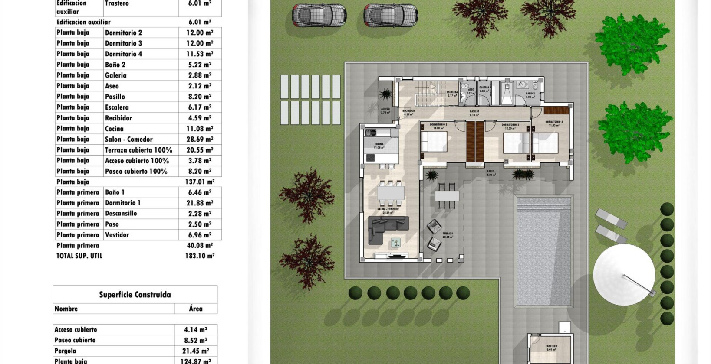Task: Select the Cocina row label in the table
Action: pos(114,129)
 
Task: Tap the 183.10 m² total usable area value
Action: pos(200,256)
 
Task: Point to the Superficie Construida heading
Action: pos(135,295)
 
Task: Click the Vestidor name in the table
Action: pos(117,235)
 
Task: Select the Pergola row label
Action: pos(65,351)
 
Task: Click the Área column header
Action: pos(196,309)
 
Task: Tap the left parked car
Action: pos(319,15)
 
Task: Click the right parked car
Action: pos(390,15)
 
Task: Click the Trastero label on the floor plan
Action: pos(551,347)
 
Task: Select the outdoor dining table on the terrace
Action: pos(447,195)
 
